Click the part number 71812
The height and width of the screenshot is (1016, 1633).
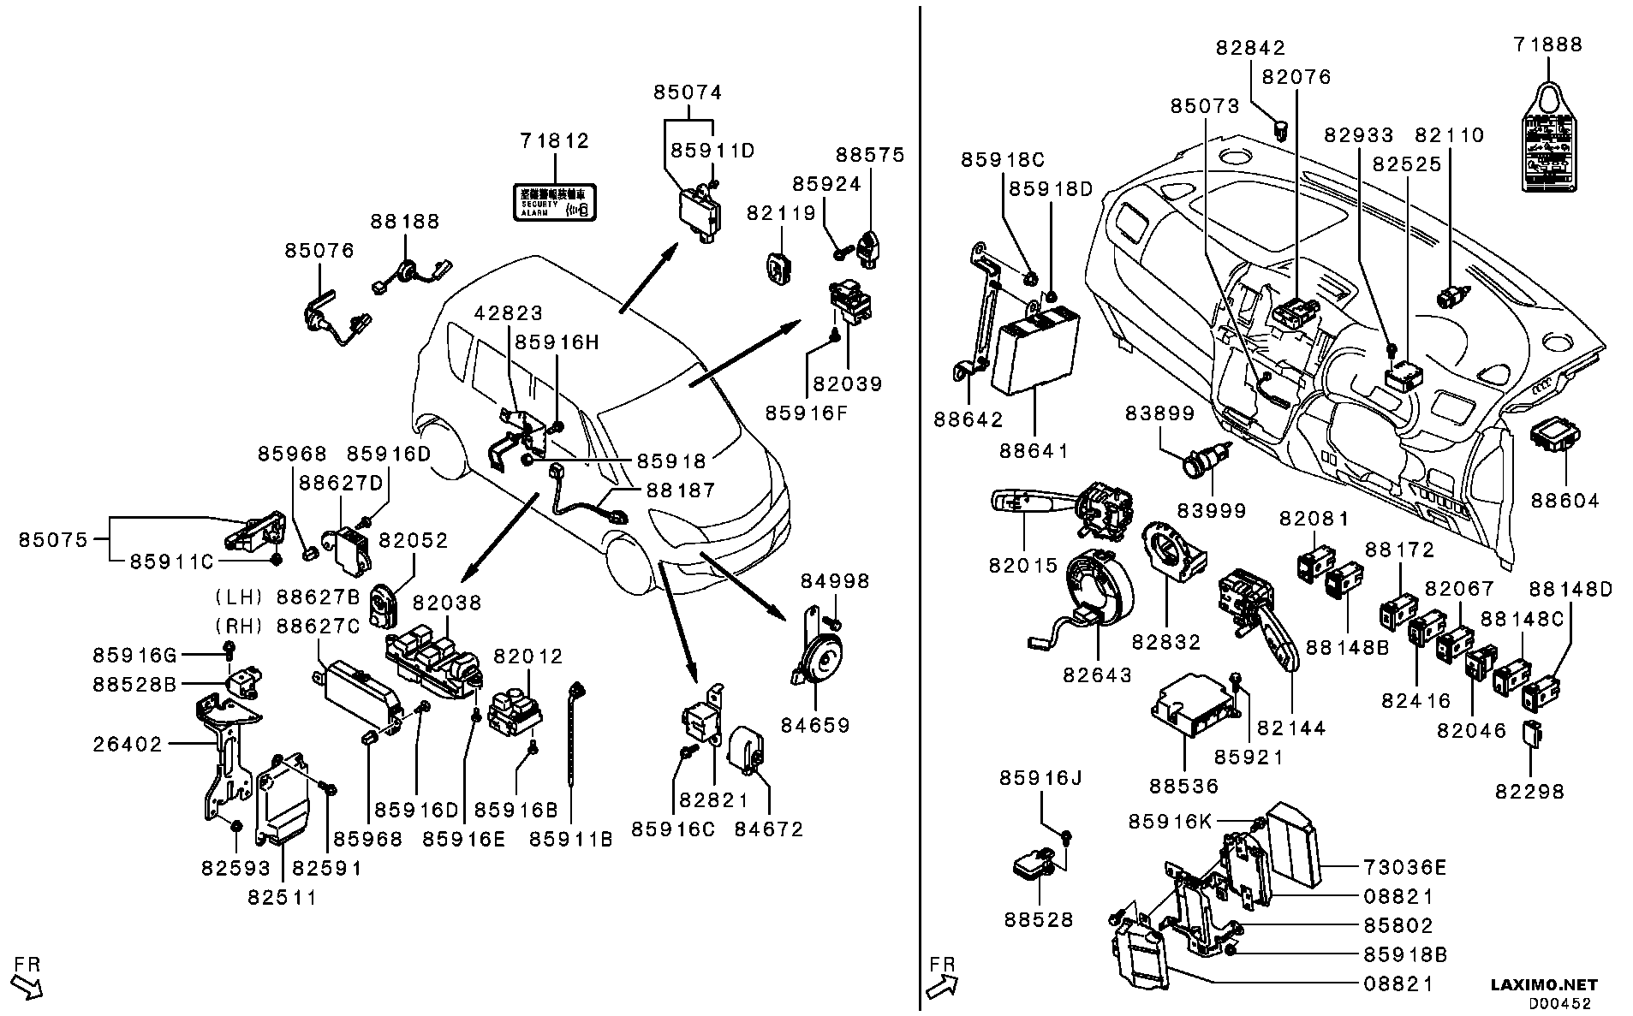point(554,140)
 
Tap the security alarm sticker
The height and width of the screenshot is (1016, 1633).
point(554,202)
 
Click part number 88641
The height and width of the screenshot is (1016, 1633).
point(1034,450)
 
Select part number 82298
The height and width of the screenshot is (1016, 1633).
point(1529,791)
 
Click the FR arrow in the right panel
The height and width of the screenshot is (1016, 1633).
point(942,977)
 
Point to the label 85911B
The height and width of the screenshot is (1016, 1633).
point(570,839)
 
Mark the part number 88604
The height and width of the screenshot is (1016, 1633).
point(1564,500)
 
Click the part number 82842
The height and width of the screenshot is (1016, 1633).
point(1250,49)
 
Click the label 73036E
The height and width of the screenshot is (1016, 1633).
point(1404,868)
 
